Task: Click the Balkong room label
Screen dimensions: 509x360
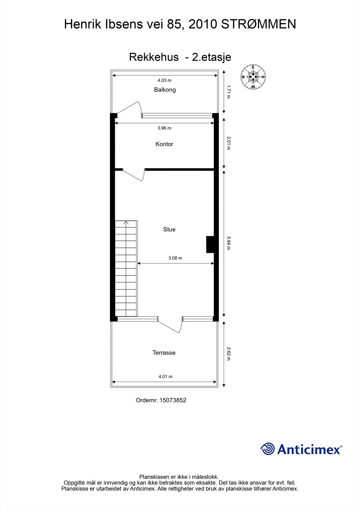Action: tap(165, 90)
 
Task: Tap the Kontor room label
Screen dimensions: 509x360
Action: tap(164, 144)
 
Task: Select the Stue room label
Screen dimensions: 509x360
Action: tap(169, 229)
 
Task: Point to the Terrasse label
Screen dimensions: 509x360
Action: tap(164, 352)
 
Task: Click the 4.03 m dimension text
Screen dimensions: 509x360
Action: tap(165, 80)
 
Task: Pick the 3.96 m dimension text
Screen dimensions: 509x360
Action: tap(164, 128)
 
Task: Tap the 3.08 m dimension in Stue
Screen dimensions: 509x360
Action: tap(175, 258)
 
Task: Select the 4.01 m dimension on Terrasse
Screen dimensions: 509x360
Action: tap(166, 377)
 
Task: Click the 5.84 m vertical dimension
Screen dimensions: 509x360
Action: tap(228, 243)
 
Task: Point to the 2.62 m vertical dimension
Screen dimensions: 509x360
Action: tap(228, 354)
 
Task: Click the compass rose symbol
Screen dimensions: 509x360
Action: tap(253, 77)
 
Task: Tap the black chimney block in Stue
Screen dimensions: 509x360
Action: tap(210, 244)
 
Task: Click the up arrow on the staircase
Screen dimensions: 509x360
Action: tap(126, 223)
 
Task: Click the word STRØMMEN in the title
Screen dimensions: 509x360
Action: tap(258, 24)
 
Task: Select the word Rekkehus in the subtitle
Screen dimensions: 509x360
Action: tap(154, 57)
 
